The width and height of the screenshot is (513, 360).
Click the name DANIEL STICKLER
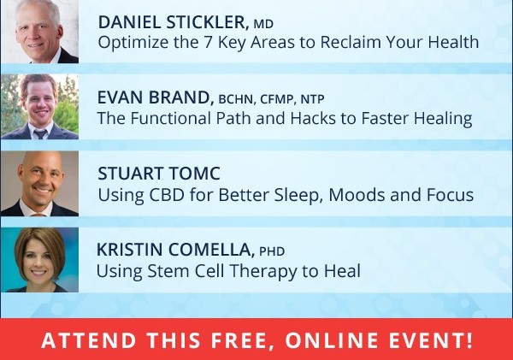172,22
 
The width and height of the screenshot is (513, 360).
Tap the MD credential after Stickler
263,24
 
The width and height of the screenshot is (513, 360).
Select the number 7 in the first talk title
208,42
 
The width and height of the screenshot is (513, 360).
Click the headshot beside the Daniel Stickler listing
39,32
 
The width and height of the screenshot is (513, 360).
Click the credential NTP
312,99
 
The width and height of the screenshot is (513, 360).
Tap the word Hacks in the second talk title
313,118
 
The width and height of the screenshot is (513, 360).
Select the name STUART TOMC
159,174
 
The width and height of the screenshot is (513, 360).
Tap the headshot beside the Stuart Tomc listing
39,184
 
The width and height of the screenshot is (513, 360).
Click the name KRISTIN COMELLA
174,250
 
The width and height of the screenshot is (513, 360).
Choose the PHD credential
272,251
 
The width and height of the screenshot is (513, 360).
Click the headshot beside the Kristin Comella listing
39,260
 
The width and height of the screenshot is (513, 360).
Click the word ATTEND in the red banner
89,340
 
